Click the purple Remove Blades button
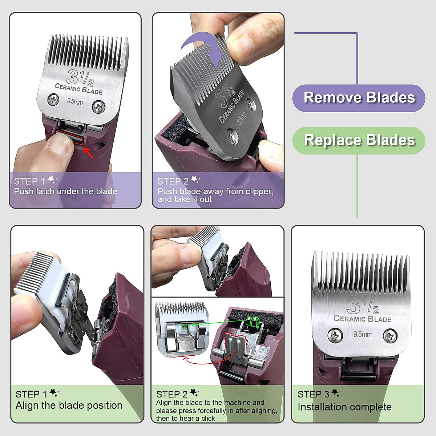pos(359,98)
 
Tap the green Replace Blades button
pos(359,140)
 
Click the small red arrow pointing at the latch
pos(89,153)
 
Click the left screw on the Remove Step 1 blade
pos(54,99)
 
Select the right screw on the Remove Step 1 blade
pos(98,107)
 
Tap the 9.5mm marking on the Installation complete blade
pos(363,334)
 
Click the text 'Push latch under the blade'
pos(65,191)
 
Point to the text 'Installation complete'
pos(344,407)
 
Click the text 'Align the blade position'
pos(69,405)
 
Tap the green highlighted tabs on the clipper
pos(252,322)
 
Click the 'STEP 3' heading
pos(313,394)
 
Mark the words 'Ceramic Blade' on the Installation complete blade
pos(362,319)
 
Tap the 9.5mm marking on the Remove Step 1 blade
pos(75,102)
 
